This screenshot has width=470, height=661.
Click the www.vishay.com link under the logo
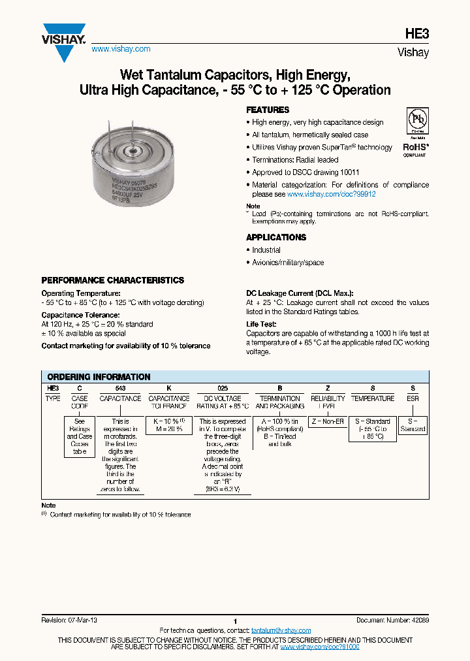[x=121, y=49]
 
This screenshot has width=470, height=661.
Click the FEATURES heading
[x=267, y=110]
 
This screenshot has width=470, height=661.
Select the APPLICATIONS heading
[x=275, y=237]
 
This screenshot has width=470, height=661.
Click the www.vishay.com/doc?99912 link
[x=332, y=194]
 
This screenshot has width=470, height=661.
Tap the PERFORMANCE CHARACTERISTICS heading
[x=112, y=280]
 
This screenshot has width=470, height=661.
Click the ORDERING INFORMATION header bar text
[x=99, y=377]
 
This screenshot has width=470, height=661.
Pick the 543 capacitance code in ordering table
[x=120, y=388]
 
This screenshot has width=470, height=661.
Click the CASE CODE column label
[x=80, y=402]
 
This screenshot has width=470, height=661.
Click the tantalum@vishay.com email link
[x=281, y=630]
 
